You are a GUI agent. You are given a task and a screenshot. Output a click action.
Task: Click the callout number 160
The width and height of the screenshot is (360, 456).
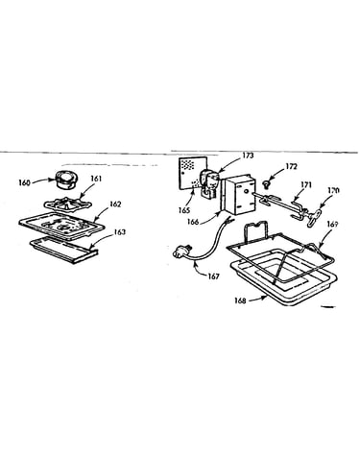24,182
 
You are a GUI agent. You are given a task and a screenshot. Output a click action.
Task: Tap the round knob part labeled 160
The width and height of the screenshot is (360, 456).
65,180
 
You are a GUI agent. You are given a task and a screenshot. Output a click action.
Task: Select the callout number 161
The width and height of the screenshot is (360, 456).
96,179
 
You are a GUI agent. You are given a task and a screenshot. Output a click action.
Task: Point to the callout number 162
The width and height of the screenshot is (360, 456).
116,204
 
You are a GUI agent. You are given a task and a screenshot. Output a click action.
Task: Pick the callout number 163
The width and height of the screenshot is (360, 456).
120,231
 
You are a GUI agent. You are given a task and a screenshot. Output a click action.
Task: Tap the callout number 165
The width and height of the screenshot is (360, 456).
184,210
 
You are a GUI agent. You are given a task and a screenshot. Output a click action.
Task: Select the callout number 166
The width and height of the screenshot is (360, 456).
193,222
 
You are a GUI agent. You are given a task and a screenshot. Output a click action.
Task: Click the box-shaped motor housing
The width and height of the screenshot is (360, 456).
240,195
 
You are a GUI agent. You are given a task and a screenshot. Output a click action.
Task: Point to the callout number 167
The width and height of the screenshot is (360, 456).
214,276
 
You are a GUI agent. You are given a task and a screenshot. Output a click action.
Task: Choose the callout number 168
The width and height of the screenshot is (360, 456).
240,300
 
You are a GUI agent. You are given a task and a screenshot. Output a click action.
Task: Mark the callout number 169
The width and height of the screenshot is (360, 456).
332,225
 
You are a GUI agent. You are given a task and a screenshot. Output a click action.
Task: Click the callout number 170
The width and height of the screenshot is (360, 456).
333,190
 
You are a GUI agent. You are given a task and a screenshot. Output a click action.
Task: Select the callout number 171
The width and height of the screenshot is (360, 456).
306,184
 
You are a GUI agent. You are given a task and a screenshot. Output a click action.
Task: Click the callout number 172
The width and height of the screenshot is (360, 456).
291,166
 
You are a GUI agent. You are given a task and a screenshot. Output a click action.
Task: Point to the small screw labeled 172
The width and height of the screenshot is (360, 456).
265,184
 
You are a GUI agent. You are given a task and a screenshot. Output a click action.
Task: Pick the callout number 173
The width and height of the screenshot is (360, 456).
248,156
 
